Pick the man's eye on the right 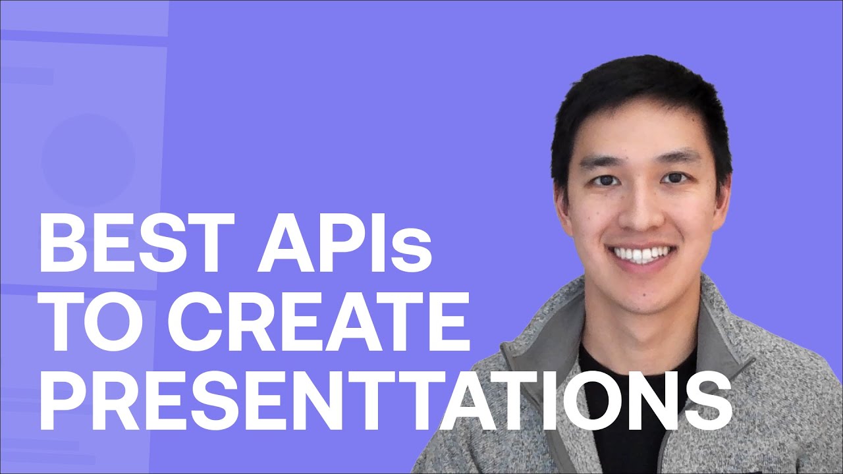click(x=674, y=178)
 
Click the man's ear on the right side click(x=725, y=197)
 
